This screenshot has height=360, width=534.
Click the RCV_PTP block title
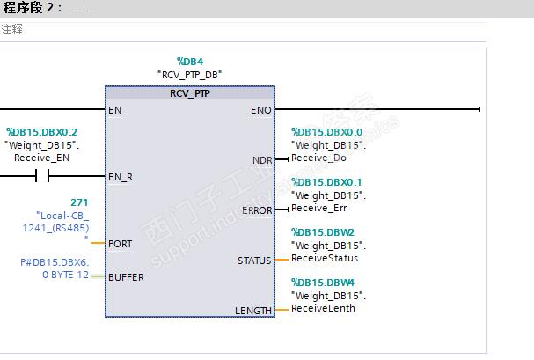pyautogui.click(x=190, y=93)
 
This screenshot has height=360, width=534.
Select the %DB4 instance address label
pyautogui.click(x=190, y=62)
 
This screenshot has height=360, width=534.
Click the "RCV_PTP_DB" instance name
pyautogui.click(x=190, y=75)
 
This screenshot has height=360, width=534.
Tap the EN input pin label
pyautogui.click(x=114, y=110)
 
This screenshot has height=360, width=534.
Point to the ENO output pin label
pyautogui.click(x=261, y=110)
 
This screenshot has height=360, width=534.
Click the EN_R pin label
pyautogui.click(x=121, y=177)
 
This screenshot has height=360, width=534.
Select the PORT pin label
pyautogui.click(x=121, y=244)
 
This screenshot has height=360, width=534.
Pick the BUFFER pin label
pyautogui.click(x=126, y=277)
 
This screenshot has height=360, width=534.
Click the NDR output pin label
pyautogui.click(x=262, y=160)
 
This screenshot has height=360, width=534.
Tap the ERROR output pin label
pyautogui.click(x=257, y=210)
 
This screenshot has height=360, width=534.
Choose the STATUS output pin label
pyautogui.click(x=254, y=261)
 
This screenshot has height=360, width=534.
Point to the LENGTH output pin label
pyautogui.click(x=253, y=311)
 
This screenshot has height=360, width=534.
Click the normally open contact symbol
pyautogui.click(x=42, y=176)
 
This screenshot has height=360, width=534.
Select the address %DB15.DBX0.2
pyautogui.click(x=42, y=132)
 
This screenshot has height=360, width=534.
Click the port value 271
pyautogui.click(x=79, y=202)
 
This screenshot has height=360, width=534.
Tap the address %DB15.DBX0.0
pyautogui.click(x=327, y=132)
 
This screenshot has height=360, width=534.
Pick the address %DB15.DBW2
pyautogui.click(x=323, y=232)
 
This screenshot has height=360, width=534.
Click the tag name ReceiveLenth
pyautogui.click(x=323, y=308)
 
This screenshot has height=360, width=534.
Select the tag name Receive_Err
pyautogui.click(x=319, y=208)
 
